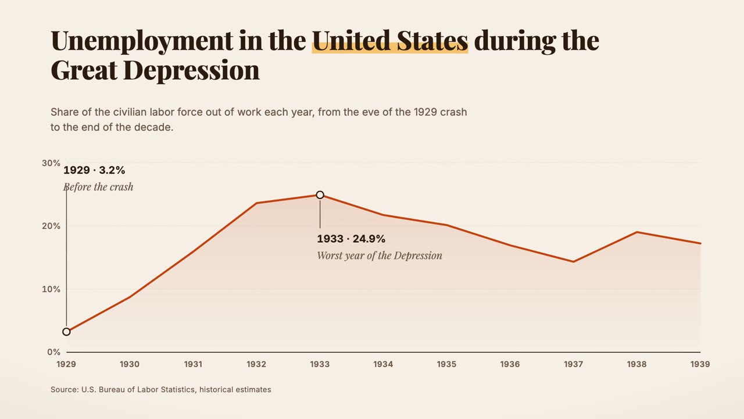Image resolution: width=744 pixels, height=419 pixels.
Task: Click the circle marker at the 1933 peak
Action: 320,195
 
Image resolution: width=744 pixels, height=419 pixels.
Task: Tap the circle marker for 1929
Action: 66,332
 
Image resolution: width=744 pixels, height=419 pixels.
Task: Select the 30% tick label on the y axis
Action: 51,163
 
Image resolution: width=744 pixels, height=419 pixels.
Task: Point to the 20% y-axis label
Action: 51,226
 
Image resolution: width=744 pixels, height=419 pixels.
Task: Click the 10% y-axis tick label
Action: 51,289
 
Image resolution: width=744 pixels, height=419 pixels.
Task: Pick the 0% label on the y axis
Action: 54,352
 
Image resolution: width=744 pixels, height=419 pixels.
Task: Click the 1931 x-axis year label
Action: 194,364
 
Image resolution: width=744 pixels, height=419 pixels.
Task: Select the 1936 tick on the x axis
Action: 510,364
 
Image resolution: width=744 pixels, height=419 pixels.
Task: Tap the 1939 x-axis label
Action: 700,364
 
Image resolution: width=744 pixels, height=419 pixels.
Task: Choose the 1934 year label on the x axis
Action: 383,364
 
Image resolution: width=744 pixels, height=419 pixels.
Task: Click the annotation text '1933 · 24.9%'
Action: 351,239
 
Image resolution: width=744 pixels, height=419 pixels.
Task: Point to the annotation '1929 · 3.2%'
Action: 94,171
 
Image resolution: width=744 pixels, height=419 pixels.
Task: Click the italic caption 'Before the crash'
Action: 98,187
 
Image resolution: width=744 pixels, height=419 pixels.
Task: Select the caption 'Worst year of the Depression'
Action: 380,255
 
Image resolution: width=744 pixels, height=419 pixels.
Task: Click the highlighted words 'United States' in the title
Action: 390,41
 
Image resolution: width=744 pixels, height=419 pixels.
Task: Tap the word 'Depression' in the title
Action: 191,71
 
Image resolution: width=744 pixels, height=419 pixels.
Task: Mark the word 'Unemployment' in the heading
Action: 142,41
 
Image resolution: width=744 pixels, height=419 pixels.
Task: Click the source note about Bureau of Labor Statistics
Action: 161,389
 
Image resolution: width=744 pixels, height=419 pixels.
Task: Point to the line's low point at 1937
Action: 573,262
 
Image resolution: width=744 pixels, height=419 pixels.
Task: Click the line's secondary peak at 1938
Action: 636,232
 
